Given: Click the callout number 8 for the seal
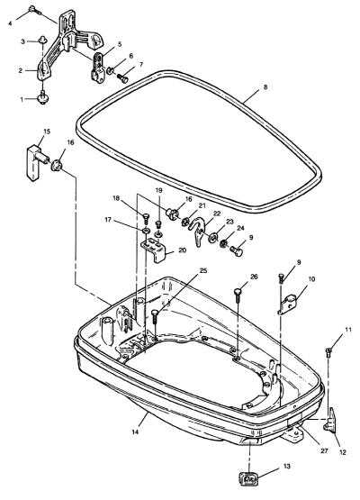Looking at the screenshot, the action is pyautogui.click(x=265, y=87).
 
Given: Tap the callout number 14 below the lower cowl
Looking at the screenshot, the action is pyautogui.click(x=135, y=432).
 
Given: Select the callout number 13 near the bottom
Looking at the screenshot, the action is pyautogui.click(x=287, y=466).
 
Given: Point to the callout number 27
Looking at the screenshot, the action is pyautogui.click(x=324, y=450).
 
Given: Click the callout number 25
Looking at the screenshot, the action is pyautogui.click(x=202, y=271).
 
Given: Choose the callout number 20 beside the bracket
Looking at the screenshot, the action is pyautogui.click(x=182, y=250).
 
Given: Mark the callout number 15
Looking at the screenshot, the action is pyautogui.click(x=47, y=131).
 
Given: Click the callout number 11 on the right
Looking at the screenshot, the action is pyautogui.click(x=348, y=330).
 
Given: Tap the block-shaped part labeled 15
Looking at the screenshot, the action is pyautogui.click(x=36, y=162).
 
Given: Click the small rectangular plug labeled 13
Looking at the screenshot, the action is pyautogui.click(x=247, y=478).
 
